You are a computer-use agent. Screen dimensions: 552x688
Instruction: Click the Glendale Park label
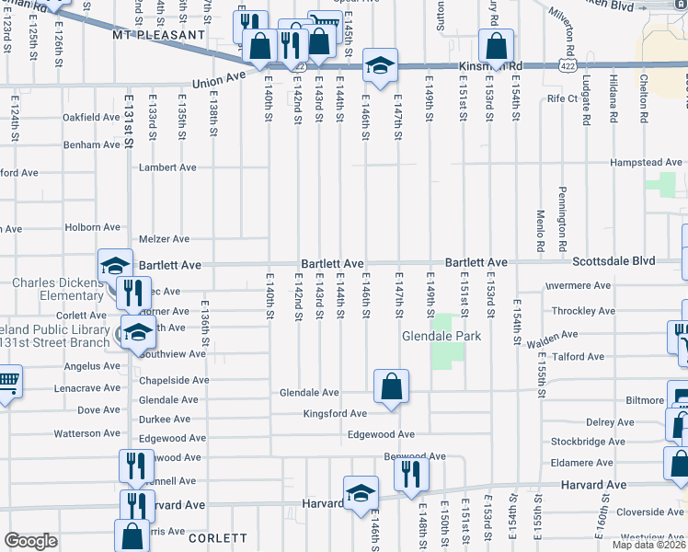[x=441, y=336]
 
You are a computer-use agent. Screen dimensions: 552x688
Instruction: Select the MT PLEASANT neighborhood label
[x=158, y=35]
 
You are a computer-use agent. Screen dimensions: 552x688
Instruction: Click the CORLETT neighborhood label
[x=218, y=538]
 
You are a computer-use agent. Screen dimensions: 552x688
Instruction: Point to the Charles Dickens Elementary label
[x=58, y=289]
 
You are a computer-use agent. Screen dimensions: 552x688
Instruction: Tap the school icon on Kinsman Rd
[x=380, y=64]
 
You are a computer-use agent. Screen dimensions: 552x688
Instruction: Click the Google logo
[x=30, y=541]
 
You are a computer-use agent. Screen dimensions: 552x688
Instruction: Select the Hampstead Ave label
[x=648, y=163]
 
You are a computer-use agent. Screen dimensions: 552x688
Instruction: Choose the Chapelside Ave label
[x=174, y=380]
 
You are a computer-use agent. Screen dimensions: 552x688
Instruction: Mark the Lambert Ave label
[x=167, y=168]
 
